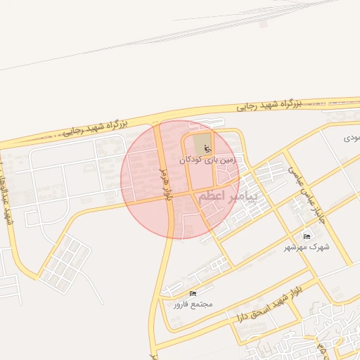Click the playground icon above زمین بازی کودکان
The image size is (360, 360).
pos(207,148)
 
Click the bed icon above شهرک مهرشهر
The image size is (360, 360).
pos(307,236)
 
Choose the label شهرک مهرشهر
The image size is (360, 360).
pos(307,247)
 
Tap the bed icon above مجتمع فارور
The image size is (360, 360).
pos(193,293)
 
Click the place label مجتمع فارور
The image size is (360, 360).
pos(193,304)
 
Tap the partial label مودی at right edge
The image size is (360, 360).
pos(351,138)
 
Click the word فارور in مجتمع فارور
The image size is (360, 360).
pos(182,304)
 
